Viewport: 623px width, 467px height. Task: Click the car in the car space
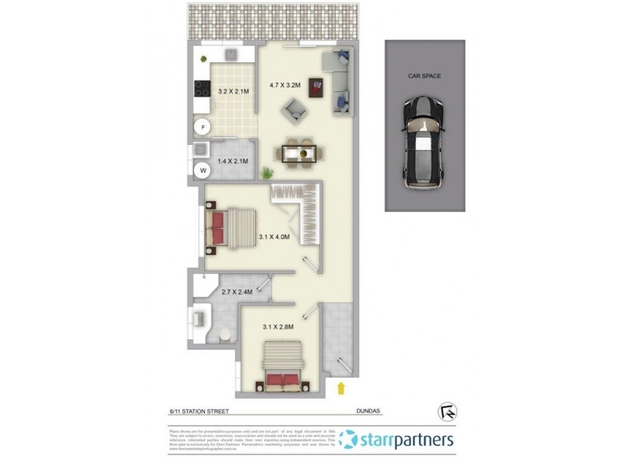pos(424,145)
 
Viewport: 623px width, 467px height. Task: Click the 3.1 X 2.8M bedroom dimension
pos(278,327)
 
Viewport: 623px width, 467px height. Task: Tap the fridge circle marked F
pos(202,127)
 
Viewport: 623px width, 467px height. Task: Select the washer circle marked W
pos(202,170)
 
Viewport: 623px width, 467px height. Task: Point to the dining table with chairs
pos(298,149)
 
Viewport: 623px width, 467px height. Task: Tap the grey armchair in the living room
pos(294,117)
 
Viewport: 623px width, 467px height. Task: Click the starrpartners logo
pos(397,441)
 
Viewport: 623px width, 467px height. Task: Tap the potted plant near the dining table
pos(268,172)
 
